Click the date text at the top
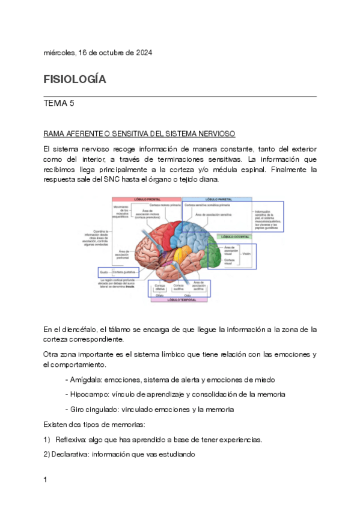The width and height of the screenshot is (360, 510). point(98,52)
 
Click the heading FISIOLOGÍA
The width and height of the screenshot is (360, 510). point(75,79)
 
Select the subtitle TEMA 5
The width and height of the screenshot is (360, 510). point(59,103)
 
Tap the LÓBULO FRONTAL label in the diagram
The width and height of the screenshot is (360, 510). point(146,199)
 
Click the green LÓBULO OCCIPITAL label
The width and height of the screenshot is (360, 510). point(234,237)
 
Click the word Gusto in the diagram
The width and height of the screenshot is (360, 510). point(103,272)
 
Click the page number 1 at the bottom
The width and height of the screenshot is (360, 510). point(46,480)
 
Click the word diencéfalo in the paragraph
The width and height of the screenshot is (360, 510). point(76,330)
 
